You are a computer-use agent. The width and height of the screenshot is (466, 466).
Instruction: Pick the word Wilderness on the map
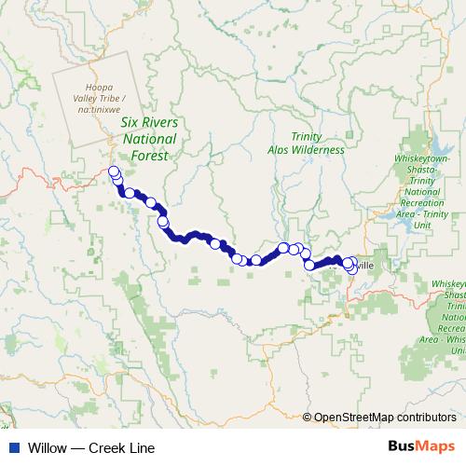click(x=327, y=150)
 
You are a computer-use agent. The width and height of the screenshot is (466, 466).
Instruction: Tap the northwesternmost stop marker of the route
click(x=114, y=171)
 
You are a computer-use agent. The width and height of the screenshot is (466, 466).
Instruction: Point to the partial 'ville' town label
click(x=364, y=267)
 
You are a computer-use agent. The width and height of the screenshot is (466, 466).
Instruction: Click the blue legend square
click(x=13, y=448)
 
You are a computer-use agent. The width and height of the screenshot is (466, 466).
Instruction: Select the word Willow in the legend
click(x=48, y=448)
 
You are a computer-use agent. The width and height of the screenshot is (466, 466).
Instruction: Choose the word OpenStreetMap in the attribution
click(x=353, y=418)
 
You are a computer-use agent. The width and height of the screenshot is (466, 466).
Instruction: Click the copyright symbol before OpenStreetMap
click(x=308, y=418)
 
